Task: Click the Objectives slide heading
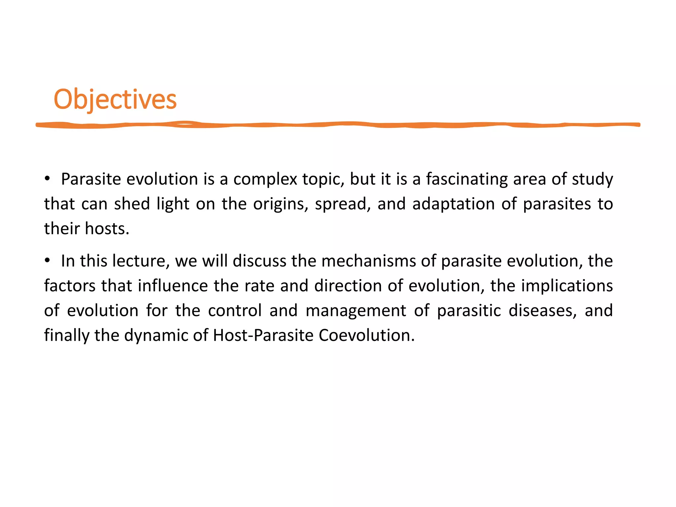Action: point(115,99)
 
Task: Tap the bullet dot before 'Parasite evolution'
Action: point(48,179)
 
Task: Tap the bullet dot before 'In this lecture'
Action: point(48,260)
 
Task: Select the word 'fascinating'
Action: point(467,179)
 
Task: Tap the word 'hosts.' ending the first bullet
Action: point(107,228)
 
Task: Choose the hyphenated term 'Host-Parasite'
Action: point(263,336)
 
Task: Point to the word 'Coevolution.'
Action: point(367,336)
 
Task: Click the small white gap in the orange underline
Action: point(186,124)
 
